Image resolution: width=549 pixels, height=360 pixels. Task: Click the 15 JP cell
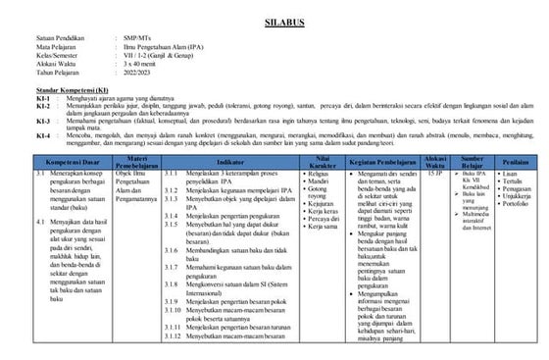(436, 174)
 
